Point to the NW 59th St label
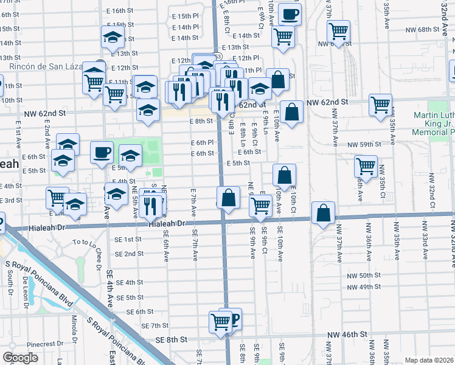(x=364, y=145)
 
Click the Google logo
(x=21, y=358)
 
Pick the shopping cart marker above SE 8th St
(x=220, y=322)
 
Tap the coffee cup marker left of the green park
(x=102, y=152)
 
